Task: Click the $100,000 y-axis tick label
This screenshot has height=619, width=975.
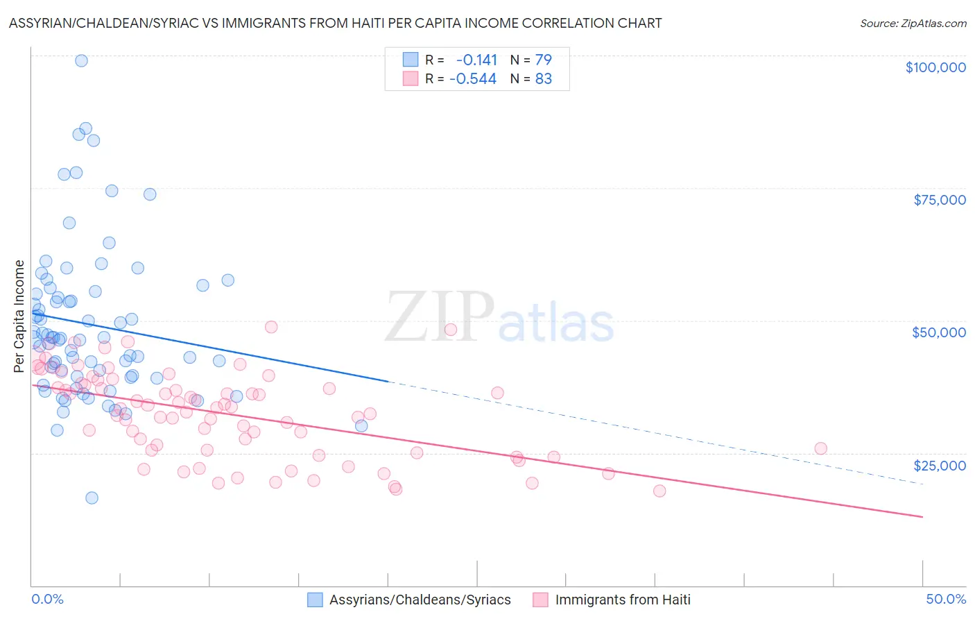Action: [935, 67]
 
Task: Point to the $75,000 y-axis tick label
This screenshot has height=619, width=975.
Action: [939, 200]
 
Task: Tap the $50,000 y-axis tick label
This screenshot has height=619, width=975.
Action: [938, 332]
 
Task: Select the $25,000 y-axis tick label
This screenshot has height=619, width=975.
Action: [939, 466]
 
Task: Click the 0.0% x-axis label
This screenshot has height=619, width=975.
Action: [47, 599]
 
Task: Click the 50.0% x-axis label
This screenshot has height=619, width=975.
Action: [945, 599]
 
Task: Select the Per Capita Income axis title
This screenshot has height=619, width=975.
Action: [19, 316]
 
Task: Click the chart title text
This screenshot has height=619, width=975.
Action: [335, 23]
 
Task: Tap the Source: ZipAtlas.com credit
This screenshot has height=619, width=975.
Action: [913, 23]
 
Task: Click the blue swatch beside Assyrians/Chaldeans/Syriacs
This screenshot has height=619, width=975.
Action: [316, 600]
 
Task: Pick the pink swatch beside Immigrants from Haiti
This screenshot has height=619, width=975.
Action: [540, 600]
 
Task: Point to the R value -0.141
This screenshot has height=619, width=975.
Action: [476, 60]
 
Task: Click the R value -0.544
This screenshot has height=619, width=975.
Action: [473, 79]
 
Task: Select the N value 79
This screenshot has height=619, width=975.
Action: [543, 60]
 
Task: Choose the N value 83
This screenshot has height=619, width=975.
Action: [543, 79]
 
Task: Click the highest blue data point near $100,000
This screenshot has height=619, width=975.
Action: [81, 60]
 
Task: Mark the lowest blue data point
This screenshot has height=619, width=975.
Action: [92, 498]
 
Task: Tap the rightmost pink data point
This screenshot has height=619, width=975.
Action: [820, 448]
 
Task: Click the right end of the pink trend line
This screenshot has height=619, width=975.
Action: [922, 516]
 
